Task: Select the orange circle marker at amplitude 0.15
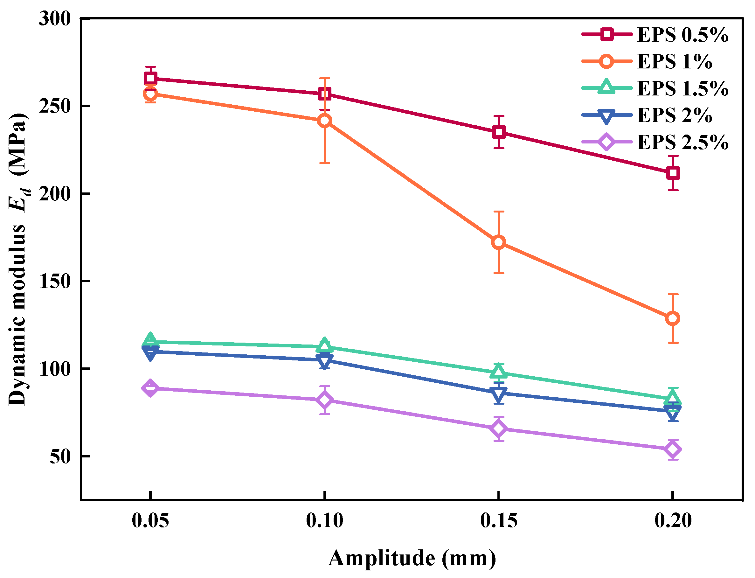[498, 242]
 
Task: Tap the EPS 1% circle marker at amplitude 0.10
[324, 121]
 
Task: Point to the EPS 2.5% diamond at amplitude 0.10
[324, 400]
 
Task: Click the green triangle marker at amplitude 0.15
[498, 372]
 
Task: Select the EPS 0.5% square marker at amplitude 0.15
[498, 132]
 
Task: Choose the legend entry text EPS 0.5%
[682, 35]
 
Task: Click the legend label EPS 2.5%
[682, 142]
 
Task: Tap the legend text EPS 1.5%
[682, 88]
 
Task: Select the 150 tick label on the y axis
[55, 282]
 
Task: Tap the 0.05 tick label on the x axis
[150, 520]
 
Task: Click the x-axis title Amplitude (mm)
[412, 558]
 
